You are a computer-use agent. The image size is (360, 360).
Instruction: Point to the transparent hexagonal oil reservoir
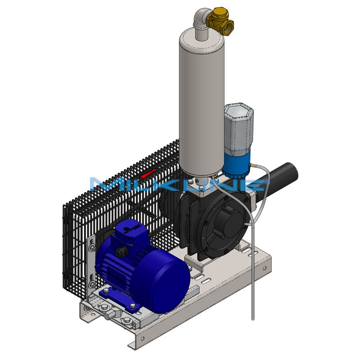pyautogui.click(x=239, y=129)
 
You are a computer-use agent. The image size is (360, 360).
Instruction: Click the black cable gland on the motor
pyautogui.click(x=121, y=252)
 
